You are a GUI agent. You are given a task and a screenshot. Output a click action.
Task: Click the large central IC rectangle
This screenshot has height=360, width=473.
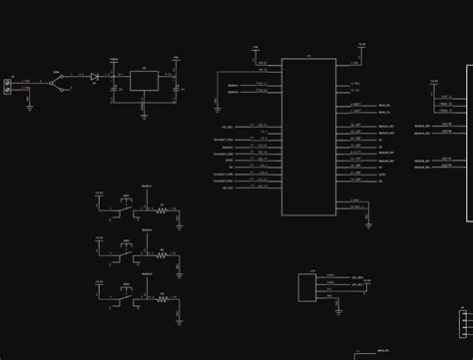308,137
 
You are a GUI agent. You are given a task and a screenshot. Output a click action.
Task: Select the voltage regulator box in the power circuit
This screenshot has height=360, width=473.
143,81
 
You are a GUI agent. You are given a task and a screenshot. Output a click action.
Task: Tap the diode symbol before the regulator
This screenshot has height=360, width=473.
93,77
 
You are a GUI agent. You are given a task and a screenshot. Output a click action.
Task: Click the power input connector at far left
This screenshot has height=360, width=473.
8,86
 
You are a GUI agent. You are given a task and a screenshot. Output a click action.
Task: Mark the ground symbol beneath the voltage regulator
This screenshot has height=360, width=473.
143,115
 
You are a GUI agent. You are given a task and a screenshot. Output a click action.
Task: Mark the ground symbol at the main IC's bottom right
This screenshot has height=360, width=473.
368,223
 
